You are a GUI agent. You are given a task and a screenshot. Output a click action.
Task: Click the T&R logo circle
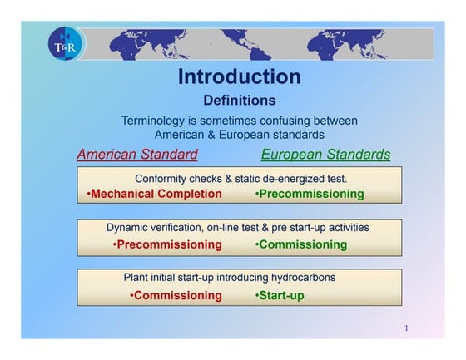coord(66,47)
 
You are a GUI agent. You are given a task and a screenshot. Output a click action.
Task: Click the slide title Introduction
coord(239,77)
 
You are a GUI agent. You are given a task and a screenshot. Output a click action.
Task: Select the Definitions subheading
coord(239,101)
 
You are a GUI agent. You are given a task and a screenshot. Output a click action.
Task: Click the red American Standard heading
coord(137,155)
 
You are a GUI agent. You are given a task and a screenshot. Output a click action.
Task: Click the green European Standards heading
coord(325,155)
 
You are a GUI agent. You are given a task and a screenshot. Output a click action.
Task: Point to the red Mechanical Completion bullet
coord(155,195)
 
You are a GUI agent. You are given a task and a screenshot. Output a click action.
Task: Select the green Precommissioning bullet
coord(310,195)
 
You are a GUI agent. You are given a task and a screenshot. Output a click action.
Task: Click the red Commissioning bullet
coord(176,295)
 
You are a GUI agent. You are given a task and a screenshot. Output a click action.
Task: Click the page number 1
coord(406,328)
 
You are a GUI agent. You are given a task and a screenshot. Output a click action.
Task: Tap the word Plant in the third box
coord(137,277)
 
